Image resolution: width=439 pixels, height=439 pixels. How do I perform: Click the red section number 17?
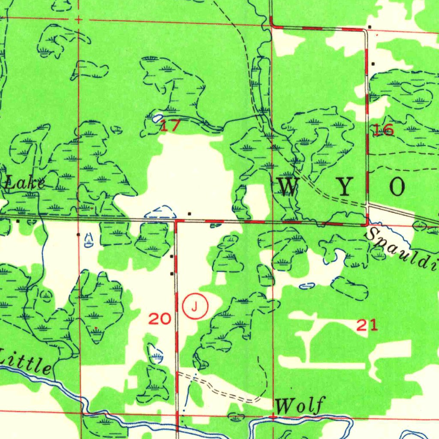[x=170, y=126]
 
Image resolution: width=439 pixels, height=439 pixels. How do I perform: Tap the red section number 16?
[x=383, y=130]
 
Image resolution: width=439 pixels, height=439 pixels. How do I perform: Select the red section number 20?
[x=160, y=319]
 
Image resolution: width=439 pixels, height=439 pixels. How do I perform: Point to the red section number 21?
[x=367, y=326]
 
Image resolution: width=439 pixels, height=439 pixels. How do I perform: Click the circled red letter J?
[x=195, y=306]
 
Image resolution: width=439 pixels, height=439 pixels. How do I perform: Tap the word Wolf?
[x=301, y=405]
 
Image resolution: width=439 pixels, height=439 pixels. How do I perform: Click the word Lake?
[x=24, y=183]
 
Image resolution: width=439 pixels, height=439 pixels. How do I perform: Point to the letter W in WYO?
[x=289, y=186]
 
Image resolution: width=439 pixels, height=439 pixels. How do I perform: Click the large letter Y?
[x=344, y=187]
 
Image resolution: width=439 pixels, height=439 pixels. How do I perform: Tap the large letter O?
[x=397, y=187]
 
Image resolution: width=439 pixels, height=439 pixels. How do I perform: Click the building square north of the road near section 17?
[x=189, y=213]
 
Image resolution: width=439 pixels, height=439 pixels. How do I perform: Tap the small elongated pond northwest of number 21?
[x=307, y=286]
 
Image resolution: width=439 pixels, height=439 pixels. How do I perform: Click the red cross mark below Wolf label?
[x=273, y=417]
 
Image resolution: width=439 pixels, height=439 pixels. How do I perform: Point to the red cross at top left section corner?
[x=78, y=19]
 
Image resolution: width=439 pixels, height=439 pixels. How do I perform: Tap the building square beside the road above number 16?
[x=373, y=64]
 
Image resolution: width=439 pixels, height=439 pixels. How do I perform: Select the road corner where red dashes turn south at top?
[x=272, y=25]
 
